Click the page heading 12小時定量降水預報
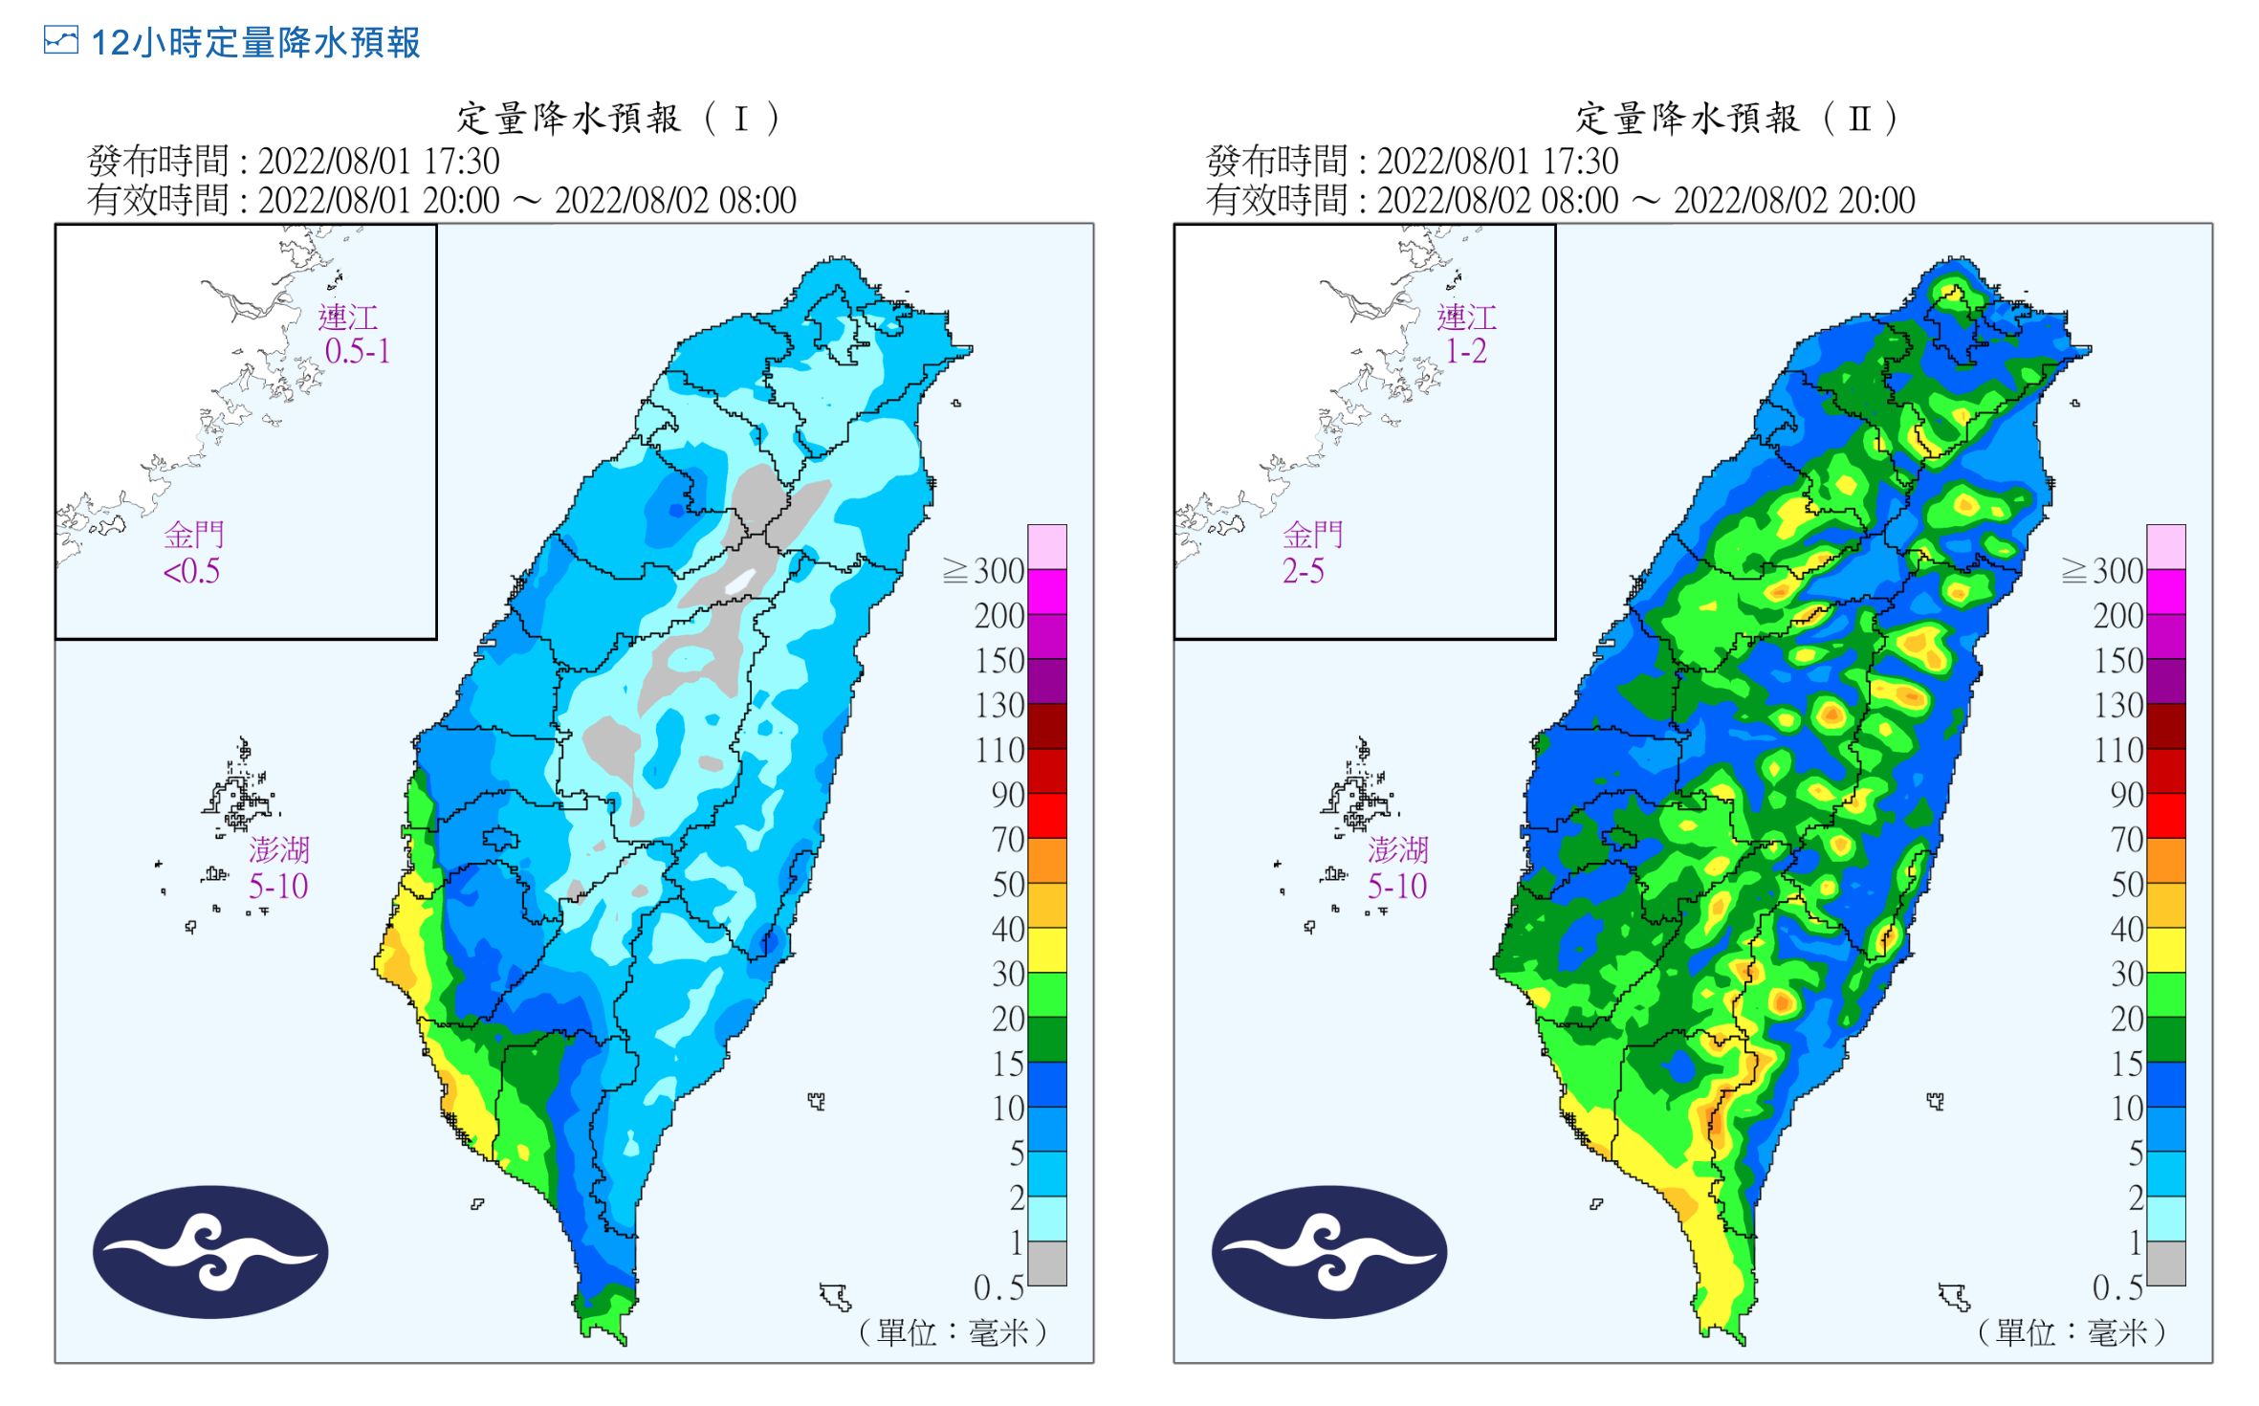[255, 43]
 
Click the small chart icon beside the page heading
[60, 40]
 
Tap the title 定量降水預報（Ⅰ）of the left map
[618, 119]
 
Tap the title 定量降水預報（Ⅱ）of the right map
[1736, 119]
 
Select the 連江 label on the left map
[347, 318]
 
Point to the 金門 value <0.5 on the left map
[191, 572]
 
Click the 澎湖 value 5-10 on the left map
[278, 887]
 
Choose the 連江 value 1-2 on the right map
[1466, 352]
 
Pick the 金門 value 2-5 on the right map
[1304, 572]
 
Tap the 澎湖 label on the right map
[1397, 849]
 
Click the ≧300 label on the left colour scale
[983, 571]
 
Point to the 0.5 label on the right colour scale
[2117, 1287]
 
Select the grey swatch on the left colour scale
[1047, 1263]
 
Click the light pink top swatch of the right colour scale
[2166, 546]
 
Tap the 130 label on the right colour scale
[2117, 706]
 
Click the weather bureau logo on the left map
[210, 1252]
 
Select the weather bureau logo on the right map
[1329, 1252]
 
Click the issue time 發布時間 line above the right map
[1412, 161]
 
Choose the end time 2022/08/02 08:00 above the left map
[675, 201]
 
